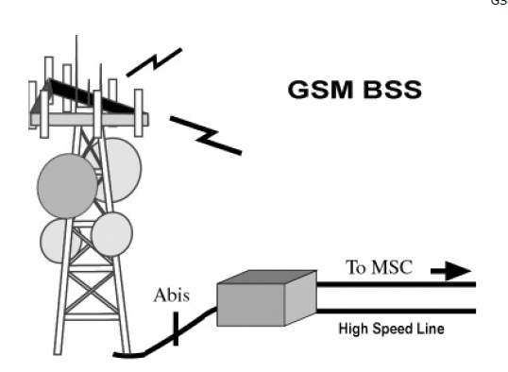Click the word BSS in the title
pos(389,91)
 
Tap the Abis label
pos(172,296)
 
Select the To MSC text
pos(381,269)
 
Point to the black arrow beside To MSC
pos(450,272)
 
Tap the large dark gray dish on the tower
pos(67,184)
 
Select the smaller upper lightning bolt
pos(153,63)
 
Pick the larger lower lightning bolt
pos(205,134)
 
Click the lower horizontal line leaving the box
pos(397,312)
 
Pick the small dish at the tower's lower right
pos(112,232)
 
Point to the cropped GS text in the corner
pos(500,4)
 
